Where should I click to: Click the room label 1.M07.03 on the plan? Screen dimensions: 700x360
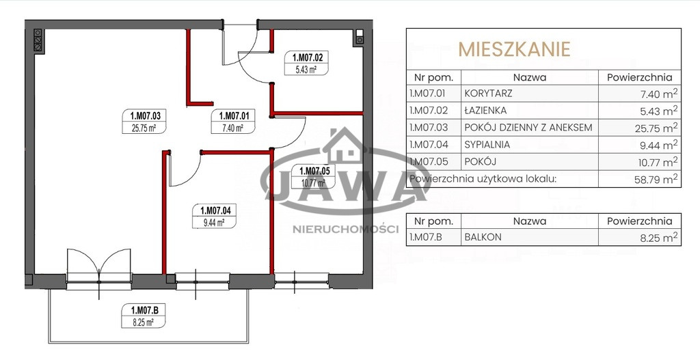[144, 122]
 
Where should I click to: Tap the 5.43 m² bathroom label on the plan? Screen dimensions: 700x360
[306, 63]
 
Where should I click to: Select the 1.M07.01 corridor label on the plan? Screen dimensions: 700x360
[232, 122]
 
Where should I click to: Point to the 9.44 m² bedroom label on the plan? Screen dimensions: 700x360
[214, 216]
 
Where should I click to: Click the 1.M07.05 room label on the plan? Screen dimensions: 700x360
[314, 176]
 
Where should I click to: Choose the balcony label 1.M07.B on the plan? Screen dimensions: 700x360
[144, 316]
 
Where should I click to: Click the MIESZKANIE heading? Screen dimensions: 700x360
[515, 49]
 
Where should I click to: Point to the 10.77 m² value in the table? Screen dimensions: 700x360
[656, 162]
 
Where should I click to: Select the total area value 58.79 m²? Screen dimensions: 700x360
[656, 180]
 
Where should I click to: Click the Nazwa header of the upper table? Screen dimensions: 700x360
[530, 77]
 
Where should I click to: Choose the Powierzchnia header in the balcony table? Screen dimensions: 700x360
[640, 221]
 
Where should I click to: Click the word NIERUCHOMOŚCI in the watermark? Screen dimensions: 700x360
[345, 230]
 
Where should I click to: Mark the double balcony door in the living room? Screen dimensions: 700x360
[99, 268]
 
